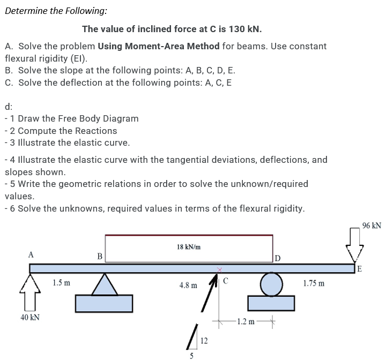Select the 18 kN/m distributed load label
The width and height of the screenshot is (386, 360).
(x=189, y=247)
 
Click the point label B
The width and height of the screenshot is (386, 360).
(x=99, y=256)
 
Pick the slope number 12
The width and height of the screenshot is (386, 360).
(x=203, y=340)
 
